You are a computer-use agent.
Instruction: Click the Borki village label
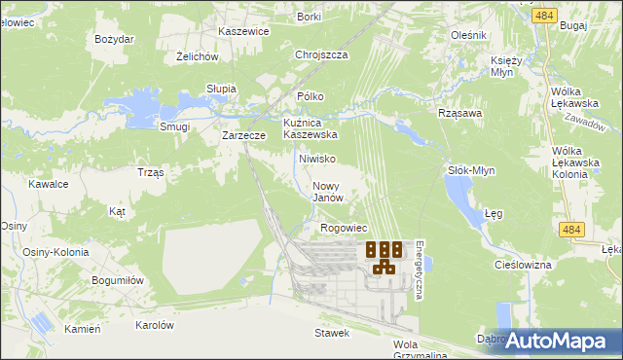coord(310,17)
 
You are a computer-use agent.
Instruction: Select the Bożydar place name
coord(114,39)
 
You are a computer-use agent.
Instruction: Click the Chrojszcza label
coord(321,55)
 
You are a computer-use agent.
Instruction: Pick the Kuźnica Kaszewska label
coord(310,128)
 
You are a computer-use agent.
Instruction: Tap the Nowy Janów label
coord(329,191)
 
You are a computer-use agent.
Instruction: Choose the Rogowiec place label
coord(343,228)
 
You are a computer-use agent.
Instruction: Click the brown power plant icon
coord(384,257)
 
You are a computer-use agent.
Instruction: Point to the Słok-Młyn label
coord(471,170)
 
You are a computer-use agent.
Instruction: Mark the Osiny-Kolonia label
coord(55,252)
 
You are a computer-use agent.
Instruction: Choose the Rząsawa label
coord(461,112)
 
